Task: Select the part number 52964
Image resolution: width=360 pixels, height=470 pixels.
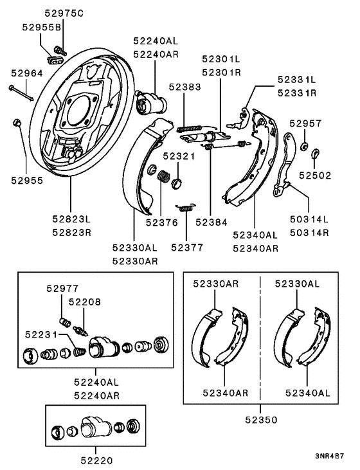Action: click(26, 74)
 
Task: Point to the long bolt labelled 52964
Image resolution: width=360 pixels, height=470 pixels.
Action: click(21, 92)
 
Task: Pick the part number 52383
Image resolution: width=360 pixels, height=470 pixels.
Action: click(185, 86)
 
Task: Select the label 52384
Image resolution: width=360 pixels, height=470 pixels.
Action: click(212, 222)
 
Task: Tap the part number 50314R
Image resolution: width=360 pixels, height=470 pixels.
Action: click(310, 232)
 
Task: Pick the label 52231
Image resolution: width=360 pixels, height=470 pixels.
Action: click(41, 334)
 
